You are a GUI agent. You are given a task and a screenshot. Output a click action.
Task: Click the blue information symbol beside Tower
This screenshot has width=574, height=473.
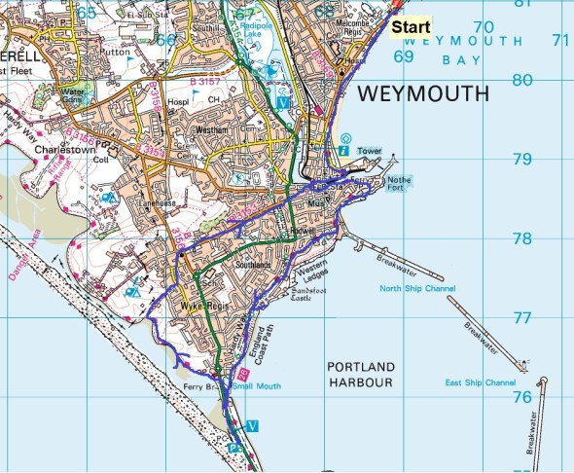[x=345, y=151]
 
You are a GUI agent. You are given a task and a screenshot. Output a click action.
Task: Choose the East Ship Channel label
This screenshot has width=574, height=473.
[x=480, y=382]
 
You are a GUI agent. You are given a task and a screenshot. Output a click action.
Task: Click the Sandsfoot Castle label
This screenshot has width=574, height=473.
[x=312, y=295]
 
